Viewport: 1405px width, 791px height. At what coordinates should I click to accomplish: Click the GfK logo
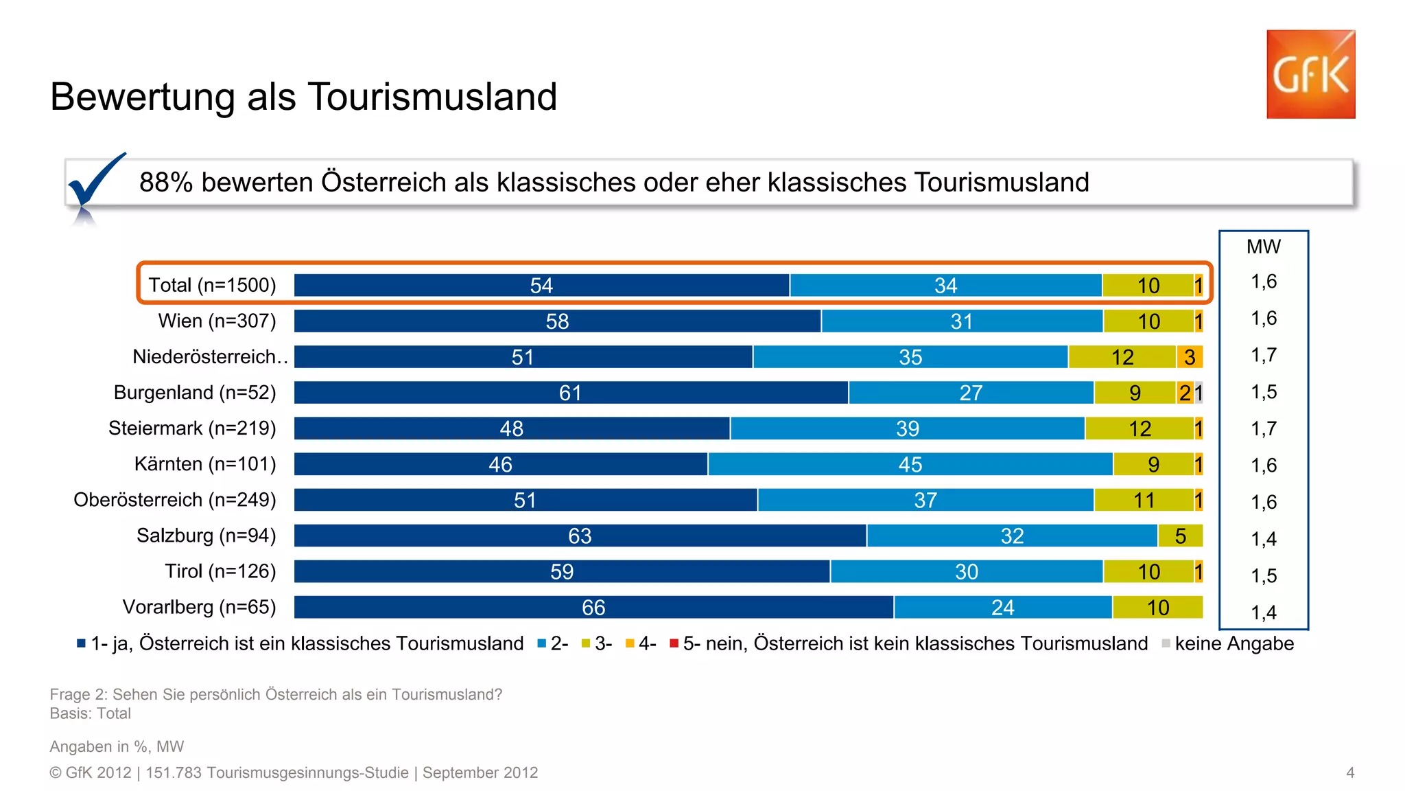click(x=1310, y=74)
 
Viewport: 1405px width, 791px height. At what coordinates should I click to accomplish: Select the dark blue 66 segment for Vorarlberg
click(x=593, y=607)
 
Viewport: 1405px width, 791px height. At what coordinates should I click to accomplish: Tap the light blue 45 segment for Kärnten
click(x=910, y=464)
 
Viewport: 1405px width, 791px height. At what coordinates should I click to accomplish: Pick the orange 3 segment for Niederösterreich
click(x=1190, y=357)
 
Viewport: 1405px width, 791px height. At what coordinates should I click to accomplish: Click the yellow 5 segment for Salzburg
click(x=1180, y=536)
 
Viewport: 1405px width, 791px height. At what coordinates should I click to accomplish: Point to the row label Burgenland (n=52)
click(x=195, y=393)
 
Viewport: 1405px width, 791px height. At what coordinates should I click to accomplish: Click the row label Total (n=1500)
click(x=212, y=285)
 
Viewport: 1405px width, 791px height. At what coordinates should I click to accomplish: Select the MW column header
click(x=1263, y=247)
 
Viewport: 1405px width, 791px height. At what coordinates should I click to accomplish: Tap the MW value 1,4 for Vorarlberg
click(x=1263, y=612)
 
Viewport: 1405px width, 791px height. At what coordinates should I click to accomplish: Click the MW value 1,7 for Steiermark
click(x=1263, y=428)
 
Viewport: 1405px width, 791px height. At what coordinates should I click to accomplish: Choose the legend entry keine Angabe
click(x=1233, y=643)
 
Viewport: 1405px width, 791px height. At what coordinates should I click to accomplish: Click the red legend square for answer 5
click(x=674, y=643)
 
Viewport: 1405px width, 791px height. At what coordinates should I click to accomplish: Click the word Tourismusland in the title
click(x=432, y=96)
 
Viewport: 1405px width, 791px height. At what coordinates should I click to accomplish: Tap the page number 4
click(x=1349, y=772)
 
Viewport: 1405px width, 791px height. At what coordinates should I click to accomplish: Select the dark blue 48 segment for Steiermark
click(x=512, y=428)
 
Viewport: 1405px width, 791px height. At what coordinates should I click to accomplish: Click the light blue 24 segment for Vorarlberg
click(x=1002, y=607)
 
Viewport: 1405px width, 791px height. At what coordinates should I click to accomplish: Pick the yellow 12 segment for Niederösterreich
click(x=1122, y=357)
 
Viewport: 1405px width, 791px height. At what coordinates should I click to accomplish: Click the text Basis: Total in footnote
click(x=90, y=713)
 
